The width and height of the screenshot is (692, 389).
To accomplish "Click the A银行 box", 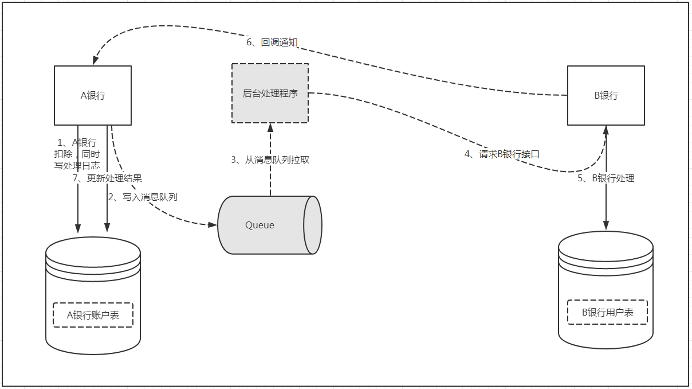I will (x=93, y=95).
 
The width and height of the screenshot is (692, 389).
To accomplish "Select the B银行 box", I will (x=605, y=95).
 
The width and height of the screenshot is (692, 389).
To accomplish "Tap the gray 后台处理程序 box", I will (x=270, y=93).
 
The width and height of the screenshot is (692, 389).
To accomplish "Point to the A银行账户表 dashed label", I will (x=93, y=315).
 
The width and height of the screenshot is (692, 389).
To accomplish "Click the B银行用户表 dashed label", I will (x=607, y=312).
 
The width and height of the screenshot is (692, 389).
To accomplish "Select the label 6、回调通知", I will (x=272, y=42).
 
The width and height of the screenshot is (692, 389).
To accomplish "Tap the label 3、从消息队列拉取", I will (x=270, y=160).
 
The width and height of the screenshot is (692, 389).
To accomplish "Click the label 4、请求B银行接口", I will (x=502, y=154).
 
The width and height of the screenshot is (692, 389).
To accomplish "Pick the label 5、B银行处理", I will (x=605, y=178).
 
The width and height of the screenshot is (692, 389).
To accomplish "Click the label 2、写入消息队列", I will (x=143, y=197).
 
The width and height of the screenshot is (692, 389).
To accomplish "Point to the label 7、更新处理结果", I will (x=107, y=178).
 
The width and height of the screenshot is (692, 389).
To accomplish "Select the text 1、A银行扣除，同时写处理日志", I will (x=77, y=154).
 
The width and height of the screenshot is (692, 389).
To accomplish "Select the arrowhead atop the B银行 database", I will (x=606, y=225).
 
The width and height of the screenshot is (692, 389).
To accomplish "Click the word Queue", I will (x=259, y=225).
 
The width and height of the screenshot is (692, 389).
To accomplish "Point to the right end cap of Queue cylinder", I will (x=313, y=225).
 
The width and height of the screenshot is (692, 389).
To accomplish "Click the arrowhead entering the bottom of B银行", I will (x=606, y=130).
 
